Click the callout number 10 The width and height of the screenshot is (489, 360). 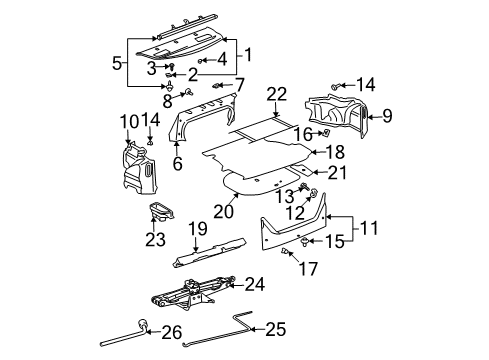[x=128, y=122]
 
